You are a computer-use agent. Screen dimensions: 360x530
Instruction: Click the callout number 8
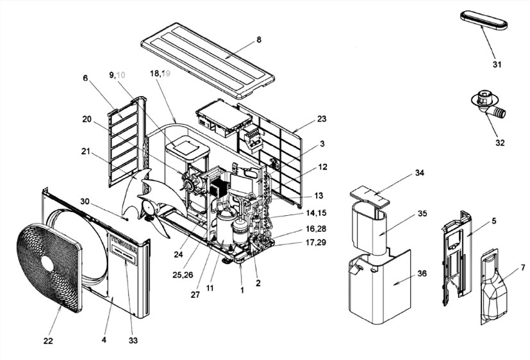point(258,40)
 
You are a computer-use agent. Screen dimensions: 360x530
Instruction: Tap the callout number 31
point(497,65)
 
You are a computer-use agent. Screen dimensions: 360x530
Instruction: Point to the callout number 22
point(47,340)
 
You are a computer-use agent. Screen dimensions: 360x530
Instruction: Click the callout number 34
point(420,173)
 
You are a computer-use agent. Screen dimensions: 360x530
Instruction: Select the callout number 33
point(133,340)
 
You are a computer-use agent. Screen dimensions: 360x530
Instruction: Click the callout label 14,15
point(315,212)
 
